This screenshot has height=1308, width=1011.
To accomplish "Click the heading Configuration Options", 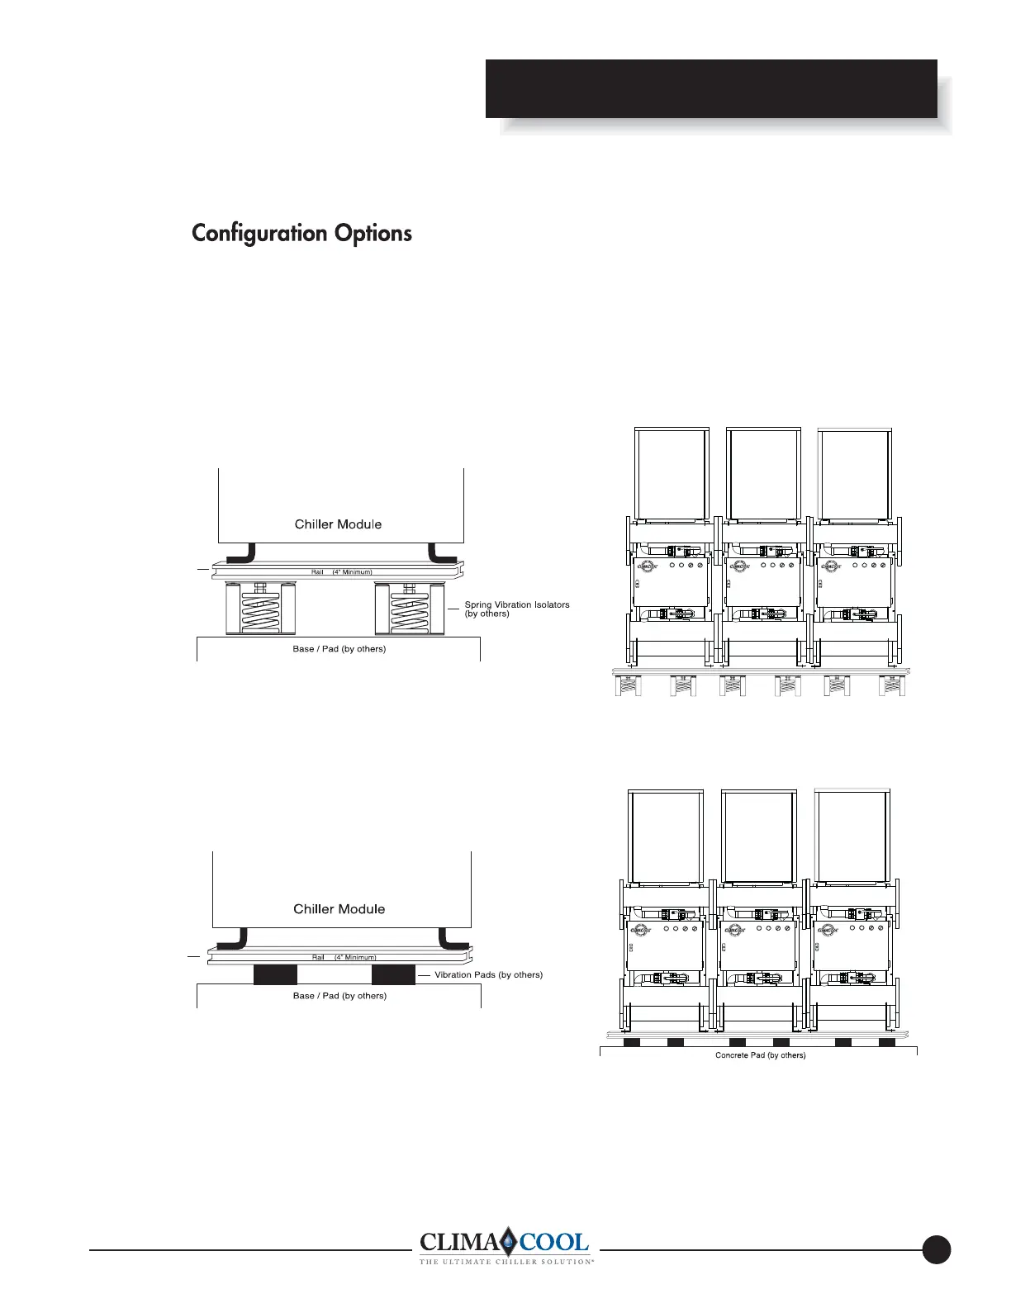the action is click(x=301, y=233).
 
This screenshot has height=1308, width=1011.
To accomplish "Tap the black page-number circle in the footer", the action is click(x=937, y=1249).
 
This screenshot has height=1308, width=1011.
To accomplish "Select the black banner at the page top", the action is click(x=711, y=88).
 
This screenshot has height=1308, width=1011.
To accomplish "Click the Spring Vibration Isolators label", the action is click(x=516, y=609).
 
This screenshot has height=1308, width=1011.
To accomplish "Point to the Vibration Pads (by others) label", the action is click(x=488, y=974).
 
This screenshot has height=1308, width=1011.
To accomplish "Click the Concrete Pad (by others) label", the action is click(x=760, y=1055).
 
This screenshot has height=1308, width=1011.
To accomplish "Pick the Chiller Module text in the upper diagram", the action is click(x=339, y=524).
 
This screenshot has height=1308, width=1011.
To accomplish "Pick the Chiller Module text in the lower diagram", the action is click(x=339, y=908).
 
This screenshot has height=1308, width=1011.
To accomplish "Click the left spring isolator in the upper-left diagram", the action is click(x=254, y=609).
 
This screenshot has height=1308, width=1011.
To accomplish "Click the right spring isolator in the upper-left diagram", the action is click(x=405, y=609).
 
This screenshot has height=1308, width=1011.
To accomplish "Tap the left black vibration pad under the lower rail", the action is click(x=274, y=974).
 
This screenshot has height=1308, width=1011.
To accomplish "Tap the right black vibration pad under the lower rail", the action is click(x=393, y=974).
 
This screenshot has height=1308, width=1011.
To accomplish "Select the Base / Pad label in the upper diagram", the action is click(x=339, y=648).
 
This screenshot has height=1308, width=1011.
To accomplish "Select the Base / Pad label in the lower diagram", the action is click(x=339, y=995).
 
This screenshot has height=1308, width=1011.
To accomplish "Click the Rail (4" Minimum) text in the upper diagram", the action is click(x=341, y=571).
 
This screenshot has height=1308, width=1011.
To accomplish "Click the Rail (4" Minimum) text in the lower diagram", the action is click(x=344, y=957).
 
